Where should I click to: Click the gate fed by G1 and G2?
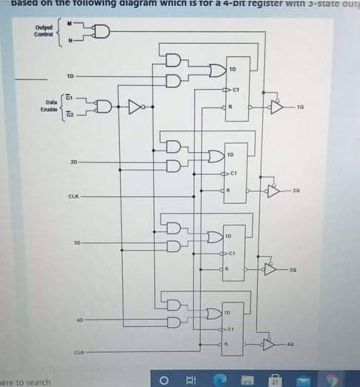pos(103,107)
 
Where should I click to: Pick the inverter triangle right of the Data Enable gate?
pos(135,107)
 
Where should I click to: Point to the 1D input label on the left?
pos(70,76)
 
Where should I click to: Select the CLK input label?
pos(73,196)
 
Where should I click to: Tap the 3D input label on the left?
pos(76,242)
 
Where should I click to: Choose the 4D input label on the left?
pos(79,321)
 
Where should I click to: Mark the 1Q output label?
pos(300,108)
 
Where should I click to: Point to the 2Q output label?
pos(296,191)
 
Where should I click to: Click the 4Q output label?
pos(290,345)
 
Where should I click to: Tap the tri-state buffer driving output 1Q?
pos(276,108)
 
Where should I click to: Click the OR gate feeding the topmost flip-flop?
pos(216,70)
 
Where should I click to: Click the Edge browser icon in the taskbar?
pos(220,380)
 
